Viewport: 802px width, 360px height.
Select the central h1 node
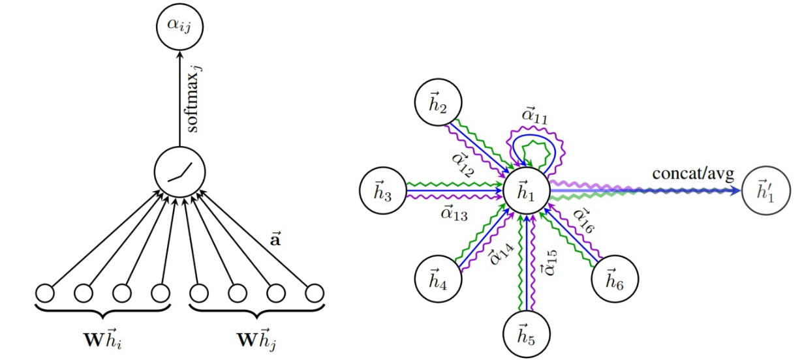pos(525,191)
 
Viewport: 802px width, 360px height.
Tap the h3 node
pos(383,191)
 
